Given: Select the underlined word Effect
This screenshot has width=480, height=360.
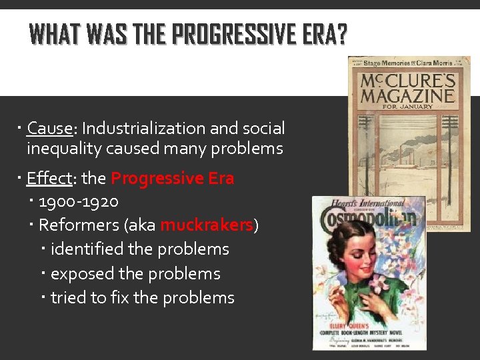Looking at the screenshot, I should click(x=49, y=179).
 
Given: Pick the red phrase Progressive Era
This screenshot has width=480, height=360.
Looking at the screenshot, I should click(x=172, y=179).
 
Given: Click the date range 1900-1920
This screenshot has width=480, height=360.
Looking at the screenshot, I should click(x=79, y=201).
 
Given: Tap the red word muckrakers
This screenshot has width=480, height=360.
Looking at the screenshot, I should click(x=207, y=225).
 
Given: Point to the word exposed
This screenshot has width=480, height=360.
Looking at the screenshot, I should click(x=82, y=273).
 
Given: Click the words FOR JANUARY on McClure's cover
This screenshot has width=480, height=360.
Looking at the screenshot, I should click(x=407, y=106).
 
